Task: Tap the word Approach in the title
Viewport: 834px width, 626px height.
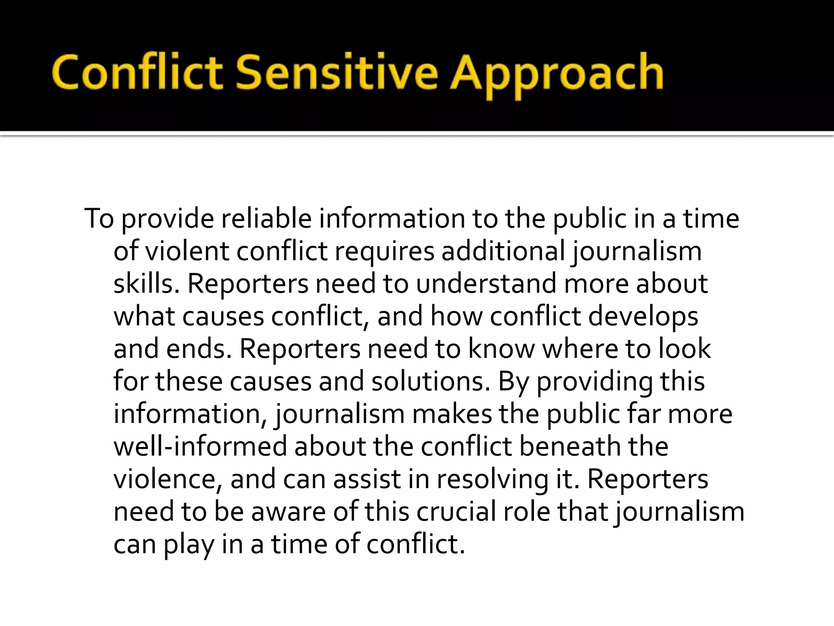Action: [556, 75]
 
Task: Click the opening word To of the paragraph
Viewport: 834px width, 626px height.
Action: [99, 219]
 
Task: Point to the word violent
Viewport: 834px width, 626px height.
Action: [187, 251]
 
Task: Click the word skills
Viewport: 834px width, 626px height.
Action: [146, 284]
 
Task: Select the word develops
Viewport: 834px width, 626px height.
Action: [643, 317]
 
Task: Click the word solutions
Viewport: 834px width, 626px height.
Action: [430, 382]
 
